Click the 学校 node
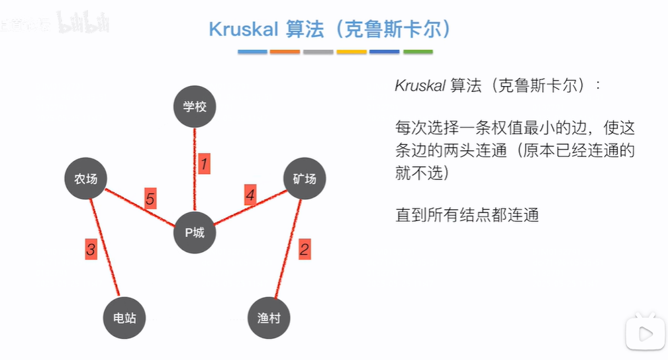click(x=195, y=107)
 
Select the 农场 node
click(x=86, y=179)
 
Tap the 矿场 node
click(x=305, y=179)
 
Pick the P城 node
click(x=195, y=232)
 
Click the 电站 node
click(x=124, y=318)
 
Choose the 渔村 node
click(x=269, y=318)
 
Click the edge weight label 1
click(x=204, y=163)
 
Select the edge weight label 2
click(x=304, y=249)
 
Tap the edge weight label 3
click(x=91, y=249)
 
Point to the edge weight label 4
click(x=250, y=196)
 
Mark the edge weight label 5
click(x=150, y=199)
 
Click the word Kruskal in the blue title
click(x=243, y=29)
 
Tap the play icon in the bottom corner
click(x=645, y=331)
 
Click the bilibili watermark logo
click(x=83, y=23)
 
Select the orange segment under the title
click(x=285, y=52)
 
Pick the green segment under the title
click(x=418, y=52)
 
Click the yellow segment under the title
click(x=352, y=52)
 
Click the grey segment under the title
click(x=318, y=52)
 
